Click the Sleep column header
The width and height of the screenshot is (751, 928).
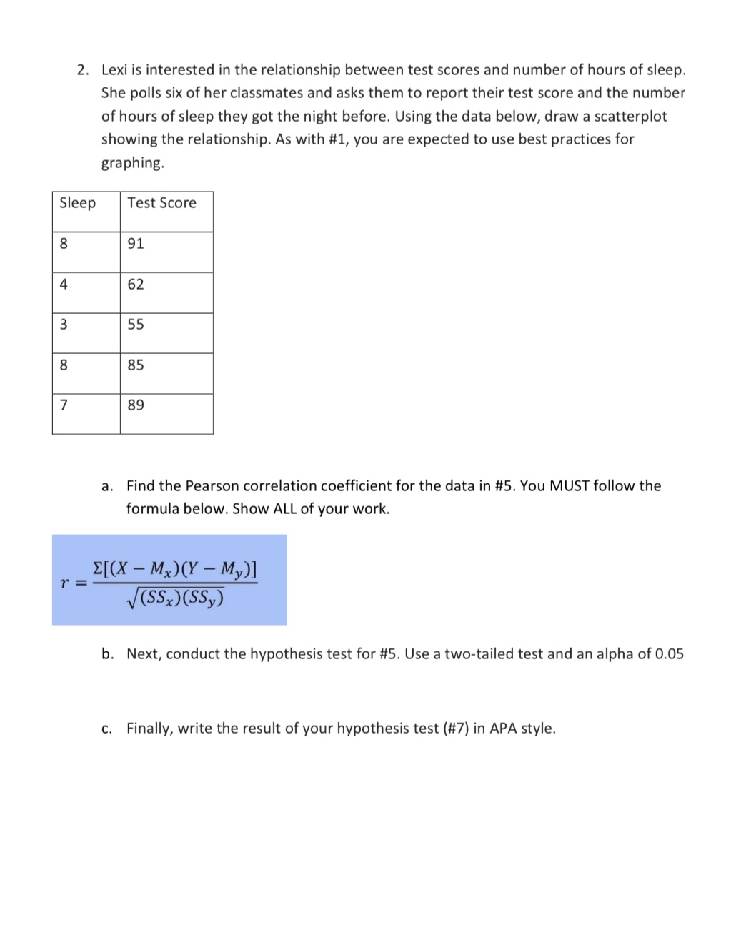(77, 203)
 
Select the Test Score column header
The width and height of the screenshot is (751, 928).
(161, 203)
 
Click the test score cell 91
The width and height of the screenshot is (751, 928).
(136, 244)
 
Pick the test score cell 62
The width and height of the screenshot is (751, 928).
(136, 285)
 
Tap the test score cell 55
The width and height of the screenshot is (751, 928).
(136, 325)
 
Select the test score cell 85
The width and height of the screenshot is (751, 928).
(136, 365)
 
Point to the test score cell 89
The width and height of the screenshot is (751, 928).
(136, 405)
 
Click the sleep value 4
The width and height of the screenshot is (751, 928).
(64, 285)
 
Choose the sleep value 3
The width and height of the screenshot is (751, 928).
(64, 325)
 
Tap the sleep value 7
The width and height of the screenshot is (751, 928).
(64, 405)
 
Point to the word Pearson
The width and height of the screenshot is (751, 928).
(212, 486)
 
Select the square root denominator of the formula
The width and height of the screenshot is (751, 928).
(175, 598)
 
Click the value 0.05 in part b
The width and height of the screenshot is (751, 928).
(669, 654)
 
